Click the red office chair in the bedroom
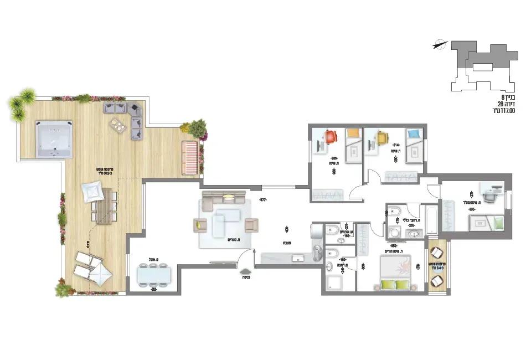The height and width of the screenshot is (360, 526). click(329, 136)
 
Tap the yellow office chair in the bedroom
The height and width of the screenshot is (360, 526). click(383, 136)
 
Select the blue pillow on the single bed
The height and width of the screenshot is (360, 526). click(412, 133)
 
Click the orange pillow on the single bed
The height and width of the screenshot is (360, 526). click(353, 133)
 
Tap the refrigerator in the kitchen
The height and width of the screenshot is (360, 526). click(317, 230)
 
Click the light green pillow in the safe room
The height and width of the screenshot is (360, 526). click(498, 223)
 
